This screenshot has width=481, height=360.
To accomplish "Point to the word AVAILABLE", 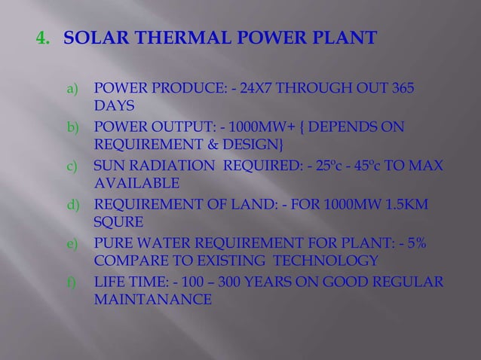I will click(136, 182).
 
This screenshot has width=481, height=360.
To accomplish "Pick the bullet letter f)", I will click(73, 283).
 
